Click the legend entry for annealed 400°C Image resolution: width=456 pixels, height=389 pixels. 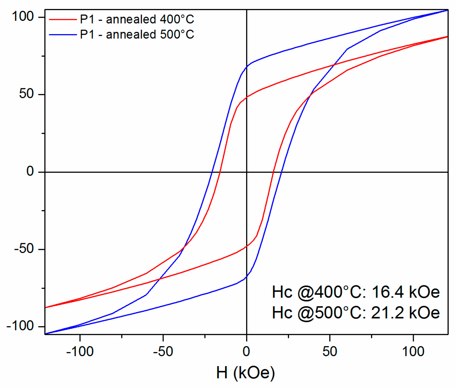pyautogui.click(x=137, y=19)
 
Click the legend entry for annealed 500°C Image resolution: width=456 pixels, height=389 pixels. pyautogui.click(x=137, y=35)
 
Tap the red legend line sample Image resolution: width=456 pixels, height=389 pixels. pyautogui.click(x=63, y=19)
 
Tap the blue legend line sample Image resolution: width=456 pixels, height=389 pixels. pyautogui.click(x=63, y=35)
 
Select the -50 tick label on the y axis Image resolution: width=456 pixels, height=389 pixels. pyautogui.click(x=24, y=249)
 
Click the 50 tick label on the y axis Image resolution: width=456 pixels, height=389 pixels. pyautogui.click(x=26, y=94)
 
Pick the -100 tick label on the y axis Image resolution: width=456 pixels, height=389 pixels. pyautogui.click(x=20, y=326)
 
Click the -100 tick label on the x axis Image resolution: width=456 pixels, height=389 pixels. pyautogui.click(x=80, y=352)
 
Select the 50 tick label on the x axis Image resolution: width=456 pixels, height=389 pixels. pyautogui.click(x=330, y=352)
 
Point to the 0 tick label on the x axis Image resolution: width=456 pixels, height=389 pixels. pyautogui.click(x=246, y=352)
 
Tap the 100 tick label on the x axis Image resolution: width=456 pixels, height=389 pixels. pyautogui.click(x=413, y=352)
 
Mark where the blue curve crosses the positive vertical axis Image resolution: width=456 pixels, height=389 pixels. pyautogui.click(x=247, y=67)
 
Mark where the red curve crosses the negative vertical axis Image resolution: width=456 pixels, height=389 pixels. pyautogui.click(x=247, y=246)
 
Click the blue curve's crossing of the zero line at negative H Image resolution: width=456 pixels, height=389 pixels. pyautogui.click(x=212, y=172)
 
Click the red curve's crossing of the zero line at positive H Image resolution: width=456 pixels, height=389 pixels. pyautogui.click(x=273, y=172)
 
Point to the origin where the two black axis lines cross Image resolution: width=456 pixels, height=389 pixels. pyautogui.click(x=247, y=172)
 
